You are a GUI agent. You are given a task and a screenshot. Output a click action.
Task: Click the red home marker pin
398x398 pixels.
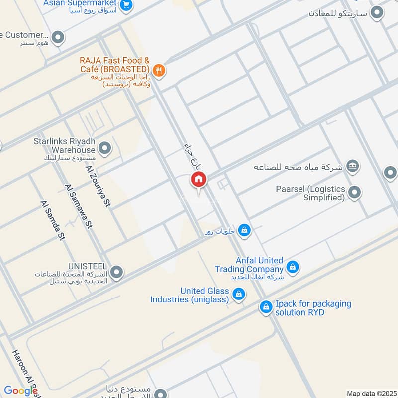click(x=199, y=180)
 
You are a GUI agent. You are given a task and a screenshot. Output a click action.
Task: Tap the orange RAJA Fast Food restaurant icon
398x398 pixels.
click(x=159, y=70)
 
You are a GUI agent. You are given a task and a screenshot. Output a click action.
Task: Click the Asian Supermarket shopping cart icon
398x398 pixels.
click(x=126, y=4)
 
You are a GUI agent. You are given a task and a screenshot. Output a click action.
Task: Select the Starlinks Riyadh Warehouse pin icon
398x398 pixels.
click(x=104, y=147)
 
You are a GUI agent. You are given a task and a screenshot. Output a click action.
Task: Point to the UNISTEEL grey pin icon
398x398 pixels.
click(x=116, y=272)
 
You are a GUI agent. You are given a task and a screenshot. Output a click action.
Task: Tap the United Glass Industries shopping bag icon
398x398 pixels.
click(x=239, y=295)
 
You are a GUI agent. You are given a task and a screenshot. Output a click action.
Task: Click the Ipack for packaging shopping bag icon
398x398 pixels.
click(x=266, y=308)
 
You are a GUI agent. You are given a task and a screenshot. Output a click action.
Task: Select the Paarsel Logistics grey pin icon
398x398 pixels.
click(x=354, y=192)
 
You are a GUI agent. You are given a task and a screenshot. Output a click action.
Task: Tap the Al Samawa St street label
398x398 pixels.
click(x=79, y=206)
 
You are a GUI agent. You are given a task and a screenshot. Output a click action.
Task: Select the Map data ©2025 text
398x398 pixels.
click(x=371, y=393)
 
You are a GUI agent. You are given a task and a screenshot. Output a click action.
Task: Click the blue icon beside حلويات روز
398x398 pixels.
click(x=244, y=230)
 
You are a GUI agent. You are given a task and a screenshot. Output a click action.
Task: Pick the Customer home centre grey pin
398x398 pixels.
click(x=58, y=37)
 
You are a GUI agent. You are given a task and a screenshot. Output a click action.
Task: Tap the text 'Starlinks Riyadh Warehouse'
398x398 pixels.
click(x=64, y=146)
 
